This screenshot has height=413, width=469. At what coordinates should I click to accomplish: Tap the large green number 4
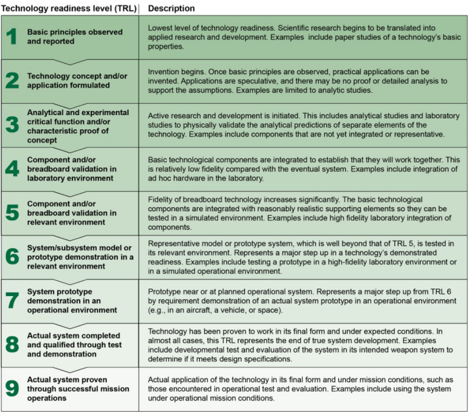(x=12, y=167)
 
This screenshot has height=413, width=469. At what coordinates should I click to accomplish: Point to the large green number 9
(x=12, y=388)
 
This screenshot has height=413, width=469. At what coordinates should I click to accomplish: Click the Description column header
(x=171, y=9)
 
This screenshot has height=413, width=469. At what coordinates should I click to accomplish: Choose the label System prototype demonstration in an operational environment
(x=74, y=300)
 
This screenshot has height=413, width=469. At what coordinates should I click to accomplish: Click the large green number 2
(x=12, y=79)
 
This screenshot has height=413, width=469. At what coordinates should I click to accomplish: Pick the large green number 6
(x=12, y=256)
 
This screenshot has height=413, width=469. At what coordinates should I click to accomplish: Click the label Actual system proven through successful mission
(x=74, y=388)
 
